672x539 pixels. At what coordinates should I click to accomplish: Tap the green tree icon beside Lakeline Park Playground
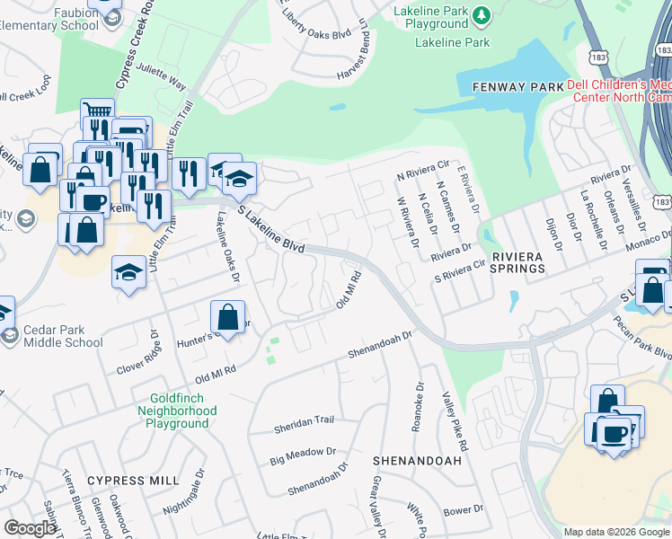[x=482, y=14]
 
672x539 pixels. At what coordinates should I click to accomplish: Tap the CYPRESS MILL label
[x=133, y=481]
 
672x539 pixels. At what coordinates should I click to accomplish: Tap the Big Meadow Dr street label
[x=302, y=457]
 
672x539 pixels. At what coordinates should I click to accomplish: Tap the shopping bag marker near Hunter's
[x=228, y=317]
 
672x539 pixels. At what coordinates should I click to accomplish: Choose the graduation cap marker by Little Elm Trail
[x=129, y=272]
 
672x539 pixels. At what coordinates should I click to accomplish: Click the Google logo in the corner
[x=30, y=528]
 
